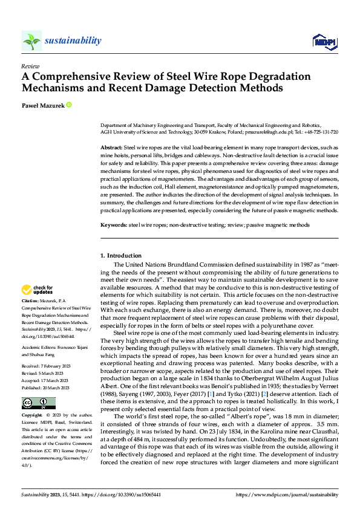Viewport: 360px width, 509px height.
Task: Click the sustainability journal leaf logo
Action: pos(31,41)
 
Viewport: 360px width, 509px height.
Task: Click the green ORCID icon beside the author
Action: pos(69,105)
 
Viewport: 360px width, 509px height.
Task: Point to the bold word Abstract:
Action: pos(111,148)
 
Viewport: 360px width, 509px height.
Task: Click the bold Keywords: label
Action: pos(114,225)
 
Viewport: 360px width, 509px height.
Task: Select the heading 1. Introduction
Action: pos(121,256)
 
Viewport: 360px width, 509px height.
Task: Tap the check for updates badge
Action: pos(39,290)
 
